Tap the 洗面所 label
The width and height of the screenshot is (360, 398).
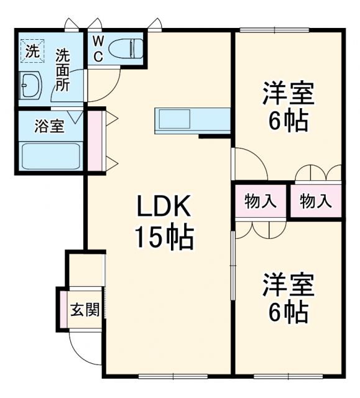[x=63, y=70]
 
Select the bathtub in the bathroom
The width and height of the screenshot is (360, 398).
[x=49, y=155]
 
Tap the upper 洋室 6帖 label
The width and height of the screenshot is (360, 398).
[x=288, y=106]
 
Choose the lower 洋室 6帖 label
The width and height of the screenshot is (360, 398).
[x=288, y=297]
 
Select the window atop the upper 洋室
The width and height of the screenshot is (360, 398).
[x=274, y=30]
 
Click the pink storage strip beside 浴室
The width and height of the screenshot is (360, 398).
[x=93, y=140]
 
